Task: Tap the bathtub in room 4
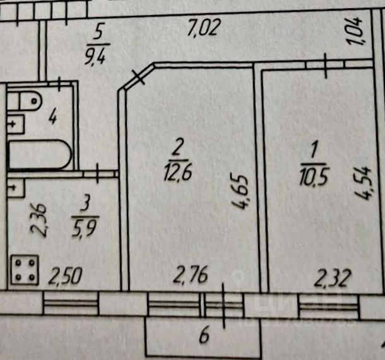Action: coord(40,154)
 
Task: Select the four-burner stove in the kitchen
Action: coord(25,270)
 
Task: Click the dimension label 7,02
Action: coord(203,28)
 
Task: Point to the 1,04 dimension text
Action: coord(355,32)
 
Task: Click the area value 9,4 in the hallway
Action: coord(96,55)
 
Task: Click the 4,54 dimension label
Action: coord(363,183)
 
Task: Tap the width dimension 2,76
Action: coord(191,274)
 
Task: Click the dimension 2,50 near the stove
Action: coord(65,276)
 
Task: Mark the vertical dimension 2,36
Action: coord(38,220)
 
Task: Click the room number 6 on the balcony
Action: coord(204,335)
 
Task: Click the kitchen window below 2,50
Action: coord(71,303)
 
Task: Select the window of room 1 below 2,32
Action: coord(329,306)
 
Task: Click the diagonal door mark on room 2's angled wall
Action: coord(138,77)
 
